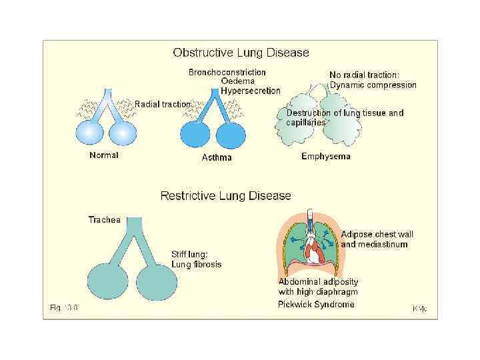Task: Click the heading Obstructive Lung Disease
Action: [241, 52]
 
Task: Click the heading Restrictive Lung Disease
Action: [225, 196]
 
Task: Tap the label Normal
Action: [104, 155]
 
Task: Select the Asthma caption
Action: [217, 158]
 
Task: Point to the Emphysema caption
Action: [325, 157]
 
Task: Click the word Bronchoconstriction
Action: [227, 72]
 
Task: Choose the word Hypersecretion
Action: [251, 91]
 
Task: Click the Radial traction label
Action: [163, 104]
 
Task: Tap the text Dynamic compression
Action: [373, 85]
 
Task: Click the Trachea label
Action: [105, 219]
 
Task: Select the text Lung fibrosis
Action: [197, 265]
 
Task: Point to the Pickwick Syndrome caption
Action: [316, 305]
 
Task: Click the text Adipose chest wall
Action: [377, 235]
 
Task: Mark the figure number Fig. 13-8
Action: [64, 307]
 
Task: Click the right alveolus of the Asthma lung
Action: [231, 135]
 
